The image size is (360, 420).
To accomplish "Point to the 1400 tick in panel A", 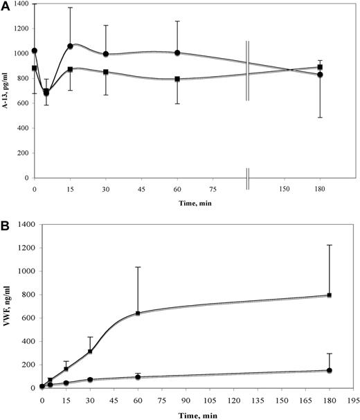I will click(x=21, y=5).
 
